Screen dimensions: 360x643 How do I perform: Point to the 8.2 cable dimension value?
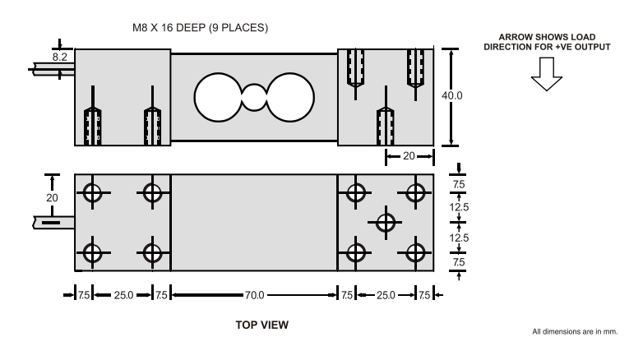60,58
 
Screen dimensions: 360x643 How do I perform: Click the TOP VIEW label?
261,325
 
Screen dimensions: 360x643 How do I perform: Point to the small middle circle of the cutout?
255,98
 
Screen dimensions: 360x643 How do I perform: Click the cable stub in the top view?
53,222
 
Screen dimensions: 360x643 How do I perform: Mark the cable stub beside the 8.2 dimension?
51,69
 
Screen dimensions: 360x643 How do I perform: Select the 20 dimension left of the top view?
52,198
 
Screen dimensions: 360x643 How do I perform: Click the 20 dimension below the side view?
408,155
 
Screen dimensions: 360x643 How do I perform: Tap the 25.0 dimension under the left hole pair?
122,293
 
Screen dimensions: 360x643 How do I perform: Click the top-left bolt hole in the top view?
90,193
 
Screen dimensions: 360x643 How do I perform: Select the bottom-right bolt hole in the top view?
415,252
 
